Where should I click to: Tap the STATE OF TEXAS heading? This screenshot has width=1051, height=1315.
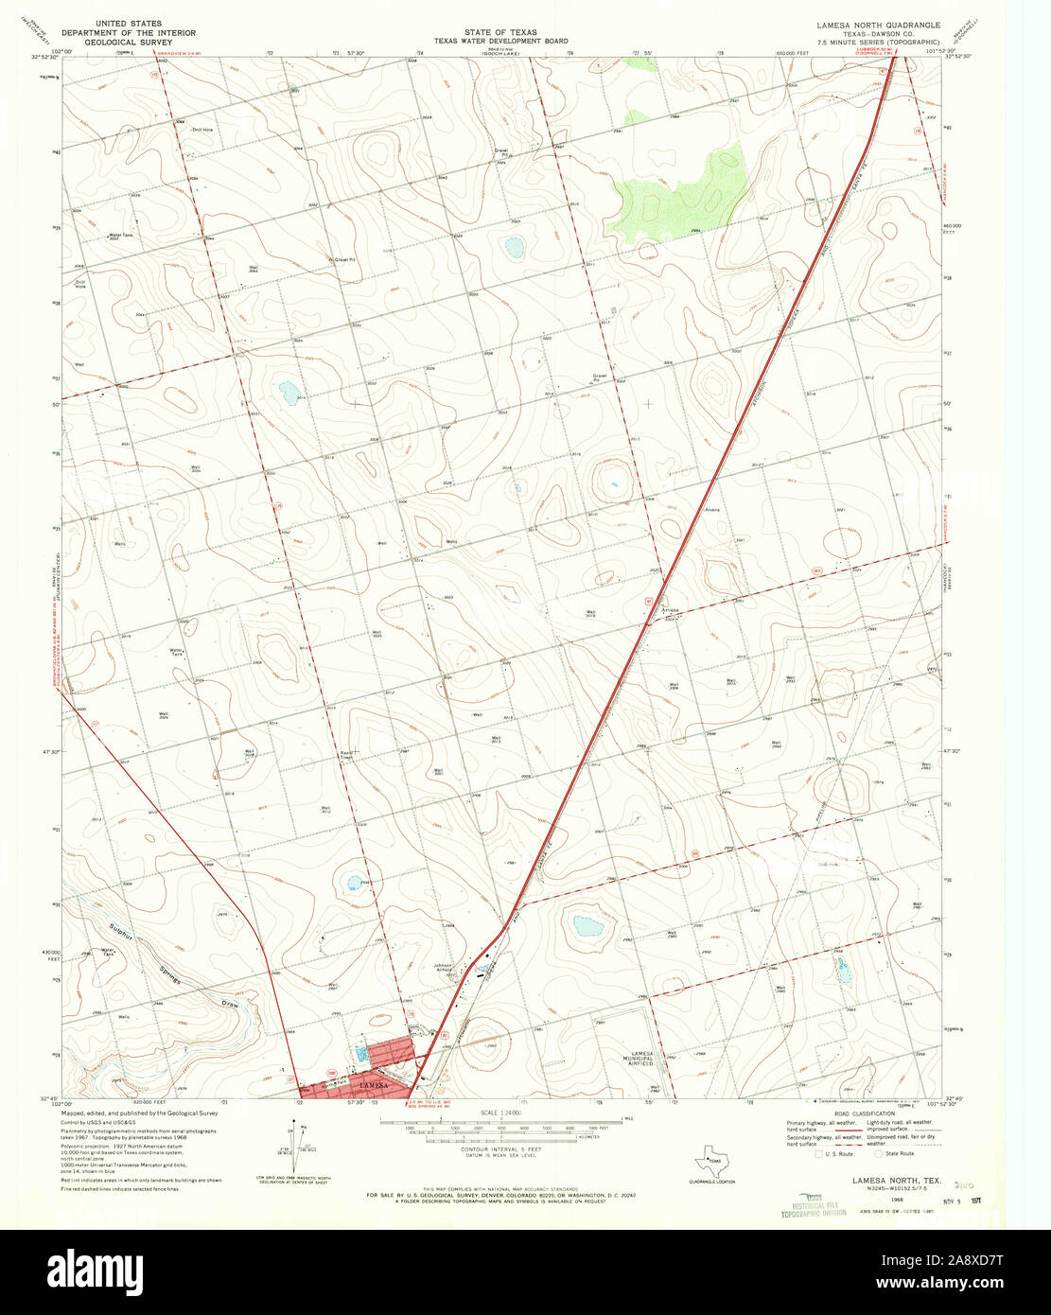pyautogui.click(x=501, y=32)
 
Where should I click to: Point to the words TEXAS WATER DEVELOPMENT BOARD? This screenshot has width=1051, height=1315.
pyautogui.click(x=501, y=42)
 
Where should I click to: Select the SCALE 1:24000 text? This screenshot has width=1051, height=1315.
pyautogui.click(x=501, y=1112)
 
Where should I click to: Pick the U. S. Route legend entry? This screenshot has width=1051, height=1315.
pyautogui.click(x=838, y=1154)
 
